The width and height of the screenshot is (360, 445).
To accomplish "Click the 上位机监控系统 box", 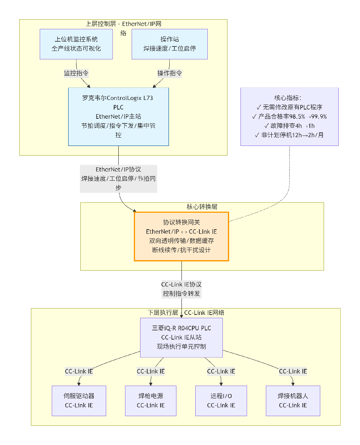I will pyautogui.click(x=76, y=44).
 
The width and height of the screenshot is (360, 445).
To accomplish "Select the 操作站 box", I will pyautogui.click(x=169, y=44).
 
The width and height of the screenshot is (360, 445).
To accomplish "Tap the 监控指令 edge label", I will pyautogui.click(x=76, y=73).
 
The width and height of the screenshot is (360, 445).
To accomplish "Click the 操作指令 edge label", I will pyautogui.click(x=169, y=73).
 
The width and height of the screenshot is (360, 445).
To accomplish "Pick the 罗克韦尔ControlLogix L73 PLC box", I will pyautogui.click(x=118, y=117).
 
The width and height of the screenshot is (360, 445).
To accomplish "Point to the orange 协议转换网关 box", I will pyautogui.click(x=181, y=236).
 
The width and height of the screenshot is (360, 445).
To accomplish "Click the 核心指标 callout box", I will pyautogui.click(x=289, y=116).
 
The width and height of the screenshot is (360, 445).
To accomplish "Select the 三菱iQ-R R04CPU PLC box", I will pyautogui.click(x=181, y=338).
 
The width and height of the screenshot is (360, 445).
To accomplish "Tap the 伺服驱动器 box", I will pyautogui.click(x=79, y=401).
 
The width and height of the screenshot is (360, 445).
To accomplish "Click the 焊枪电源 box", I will pyautogui.click(x=151, y=401).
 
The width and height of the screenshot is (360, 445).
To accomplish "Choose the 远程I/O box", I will pyautogui.click(x=221, y=401).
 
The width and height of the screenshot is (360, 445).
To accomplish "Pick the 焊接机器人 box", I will pyautogui.click(x=293, y=401).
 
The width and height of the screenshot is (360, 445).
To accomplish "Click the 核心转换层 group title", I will pyautogui.click(x=202, y=207).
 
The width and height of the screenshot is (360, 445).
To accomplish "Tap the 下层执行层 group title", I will pyautogui.click(x=163, y=313).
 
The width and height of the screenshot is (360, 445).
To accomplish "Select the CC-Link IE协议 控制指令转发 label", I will pyautogui.click(x=181, y=289).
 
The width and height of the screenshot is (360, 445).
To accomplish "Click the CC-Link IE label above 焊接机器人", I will pyautogui.click(x=293, y=371).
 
